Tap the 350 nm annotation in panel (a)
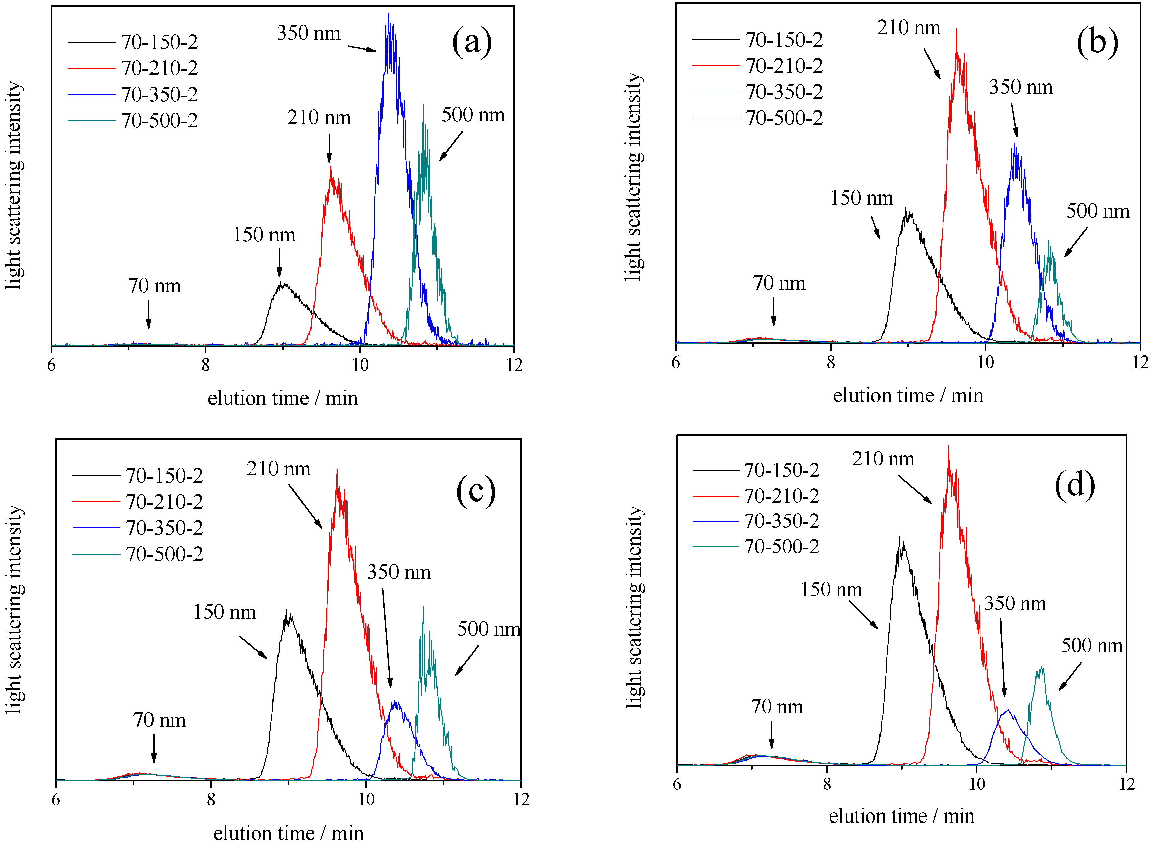[308, 33]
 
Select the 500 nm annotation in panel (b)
[1097, 211]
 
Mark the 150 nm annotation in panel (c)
[225, 612]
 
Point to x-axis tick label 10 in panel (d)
[976, 784]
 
